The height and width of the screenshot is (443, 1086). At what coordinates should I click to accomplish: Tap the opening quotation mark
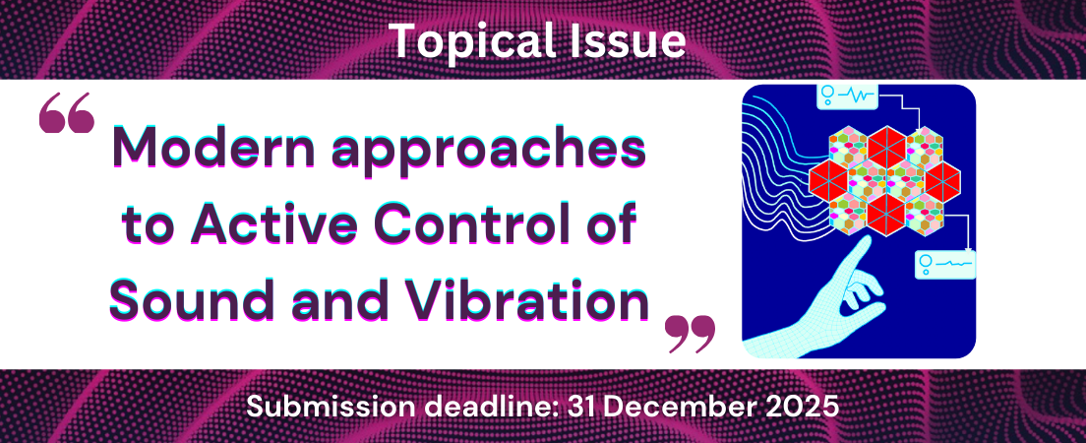67,114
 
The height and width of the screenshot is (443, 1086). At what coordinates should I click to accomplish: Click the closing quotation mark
690,334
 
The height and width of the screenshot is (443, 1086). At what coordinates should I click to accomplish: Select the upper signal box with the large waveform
848,96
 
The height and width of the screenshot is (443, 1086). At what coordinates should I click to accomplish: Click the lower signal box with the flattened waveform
945,264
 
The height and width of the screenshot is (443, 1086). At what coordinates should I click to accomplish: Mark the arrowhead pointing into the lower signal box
966,247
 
